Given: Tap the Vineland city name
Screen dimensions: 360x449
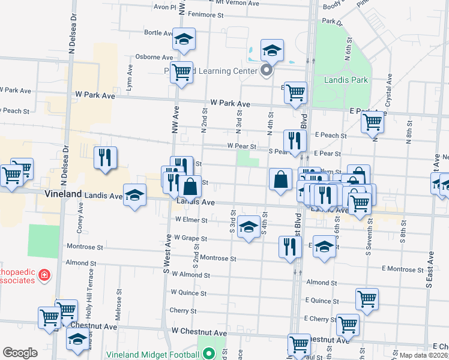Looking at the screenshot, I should tap(63, 194).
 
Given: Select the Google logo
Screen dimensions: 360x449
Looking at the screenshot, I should tap(20, 353).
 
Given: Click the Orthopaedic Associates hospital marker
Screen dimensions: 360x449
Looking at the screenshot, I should tap(44, 275).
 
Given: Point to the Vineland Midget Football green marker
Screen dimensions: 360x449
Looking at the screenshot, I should tap(208, 354).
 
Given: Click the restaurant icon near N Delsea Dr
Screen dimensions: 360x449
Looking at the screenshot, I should tap(106, 157).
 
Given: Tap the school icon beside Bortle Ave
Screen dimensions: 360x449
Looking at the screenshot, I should tap(184, 40).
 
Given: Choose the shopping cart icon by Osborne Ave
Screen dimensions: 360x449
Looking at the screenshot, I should tap(181, 73).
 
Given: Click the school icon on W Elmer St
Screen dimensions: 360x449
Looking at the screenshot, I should tap(249, 227).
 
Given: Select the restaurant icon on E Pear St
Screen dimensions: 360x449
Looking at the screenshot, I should tap(294, 140).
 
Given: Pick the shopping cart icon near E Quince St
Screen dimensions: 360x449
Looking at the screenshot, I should tap(367, 298).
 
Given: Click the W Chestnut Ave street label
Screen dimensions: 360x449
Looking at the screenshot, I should tap(199, 332).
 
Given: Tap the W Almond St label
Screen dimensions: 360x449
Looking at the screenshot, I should tap(191, 275).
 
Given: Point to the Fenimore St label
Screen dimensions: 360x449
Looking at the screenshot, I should tap(205, 14).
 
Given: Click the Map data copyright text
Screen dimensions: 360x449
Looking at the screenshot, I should tap(423, 355).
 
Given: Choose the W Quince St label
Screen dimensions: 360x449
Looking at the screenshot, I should tap(188, 293).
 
